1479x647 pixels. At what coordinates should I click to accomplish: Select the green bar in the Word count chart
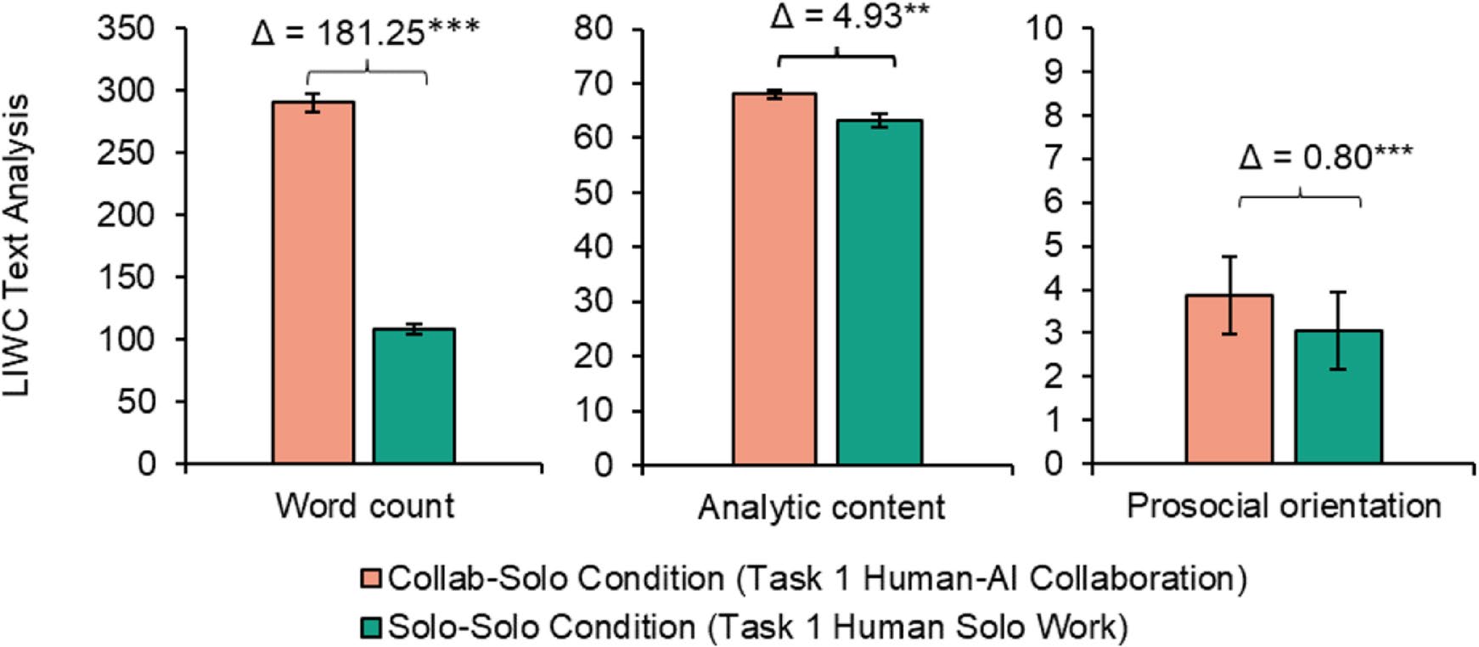point(413,397)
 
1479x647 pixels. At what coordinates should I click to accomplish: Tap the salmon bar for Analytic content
point(774,279)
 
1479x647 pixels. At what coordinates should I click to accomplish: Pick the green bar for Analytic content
point(879,293)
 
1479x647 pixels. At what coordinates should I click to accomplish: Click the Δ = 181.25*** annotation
point(366,32)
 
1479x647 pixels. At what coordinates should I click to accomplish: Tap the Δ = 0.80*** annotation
point(1325,158)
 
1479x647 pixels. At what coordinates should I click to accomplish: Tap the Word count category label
point(365,506)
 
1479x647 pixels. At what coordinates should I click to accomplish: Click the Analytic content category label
point(821,508)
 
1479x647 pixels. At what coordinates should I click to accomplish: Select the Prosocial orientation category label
point(1284,506)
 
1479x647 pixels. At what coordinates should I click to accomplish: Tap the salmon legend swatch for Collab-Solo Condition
point(372,579)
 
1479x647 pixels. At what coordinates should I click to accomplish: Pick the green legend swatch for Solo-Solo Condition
point(372,627)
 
